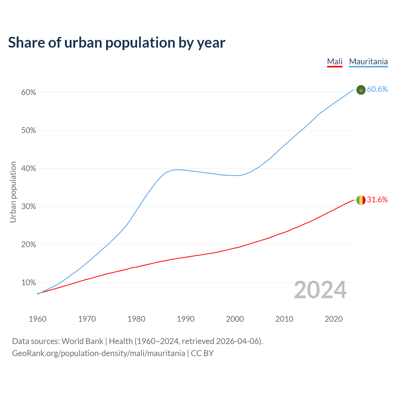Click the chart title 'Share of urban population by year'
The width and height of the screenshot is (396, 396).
117,43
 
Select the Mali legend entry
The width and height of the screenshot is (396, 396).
335,62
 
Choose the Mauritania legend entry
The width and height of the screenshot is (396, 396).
368,62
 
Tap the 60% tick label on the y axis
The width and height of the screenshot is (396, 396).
29,93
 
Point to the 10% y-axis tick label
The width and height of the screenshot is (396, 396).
29,282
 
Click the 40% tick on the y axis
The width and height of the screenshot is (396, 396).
29,169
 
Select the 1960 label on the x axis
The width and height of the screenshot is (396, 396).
37,319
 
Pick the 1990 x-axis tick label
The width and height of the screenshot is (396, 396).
186,319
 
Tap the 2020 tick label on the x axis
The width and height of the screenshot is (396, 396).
334,319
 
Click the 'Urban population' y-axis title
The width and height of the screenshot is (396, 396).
13,192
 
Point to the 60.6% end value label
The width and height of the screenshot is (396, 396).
377,89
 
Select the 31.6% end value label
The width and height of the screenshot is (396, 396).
377,200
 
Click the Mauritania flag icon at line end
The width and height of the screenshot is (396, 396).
361,90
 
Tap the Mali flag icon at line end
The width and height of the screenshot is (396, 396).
361,200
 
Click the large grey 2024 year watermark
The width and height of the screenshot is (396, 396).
320,290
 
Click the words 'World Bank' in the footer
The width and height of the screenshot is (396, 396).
82,341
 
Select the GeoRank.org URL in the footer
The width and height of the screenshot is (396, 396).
98,353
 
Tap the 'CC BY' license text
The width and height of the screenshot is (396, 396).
202,353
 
